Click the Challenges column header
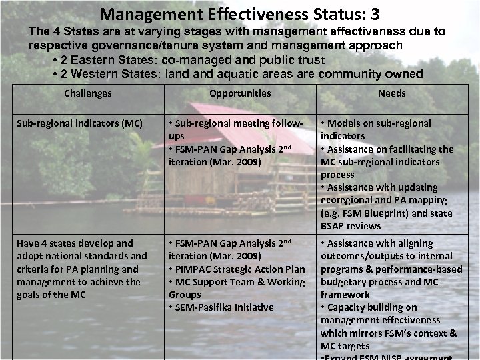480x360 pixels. (x=87, y=93)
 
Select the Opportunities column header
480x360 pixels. (x=240, y=93)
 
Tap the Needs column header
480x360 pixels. (x=391, y=93)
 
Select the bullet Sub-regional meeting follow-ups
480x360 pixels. (x=237, y=129)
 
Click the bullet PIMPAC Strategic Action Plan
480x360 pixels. (x=237, y=269)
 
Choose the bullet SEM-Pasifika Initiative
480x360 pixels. (x=223, y=307)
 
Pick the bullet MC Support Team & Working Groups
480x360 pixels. (x=237, y=288)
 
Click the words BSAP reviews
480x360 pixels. (x=351, y=226)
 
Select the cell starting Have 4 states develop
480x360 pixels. (x=81, y=269)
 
